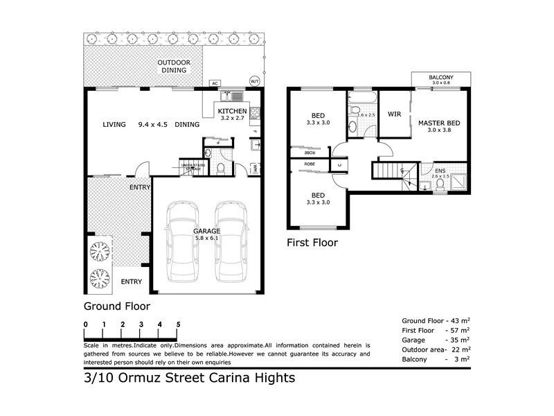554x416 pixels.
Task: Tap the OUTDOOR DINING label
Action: (x=175, y=66)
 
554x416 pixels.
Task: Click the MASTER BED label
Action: (x=439, y=123)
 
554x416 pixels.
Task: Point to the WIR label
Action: (x=395, y=114)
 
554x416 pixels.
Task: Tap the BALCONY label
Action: (x=440, y=77)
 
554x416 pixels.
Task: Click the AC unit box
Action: (x=215, y=83)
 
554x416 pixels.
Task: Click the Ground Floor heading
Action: (x=117, y=305)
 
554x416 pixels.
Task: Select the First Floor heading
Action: (x=312, y=243)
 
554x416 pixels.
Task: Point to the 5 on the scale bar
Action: (x=179, y=324)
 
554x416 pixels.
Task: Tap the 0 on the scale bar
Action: (x=85, y=324)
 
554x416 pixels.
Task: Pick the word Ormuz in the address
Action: (x=134, y=378)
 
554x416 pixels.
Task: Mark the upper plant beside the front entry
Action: (x=99, y=250)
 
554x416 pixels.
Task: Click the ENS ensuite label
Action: (x=440, y=170)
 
